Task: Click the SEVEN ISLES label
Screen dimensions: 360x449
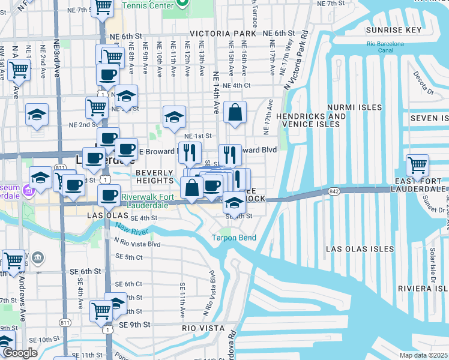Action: click(429, 118)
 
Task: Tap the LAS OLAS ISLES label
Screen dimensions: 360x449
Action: click(360, 248)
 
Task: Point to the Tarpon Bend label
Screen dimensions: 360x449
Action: click(234, 238)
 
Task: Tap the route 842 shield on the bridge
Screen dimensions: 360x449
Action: click(334, 191)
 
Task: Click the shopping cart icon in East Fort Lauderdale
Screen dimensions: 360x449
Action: click(417, 164)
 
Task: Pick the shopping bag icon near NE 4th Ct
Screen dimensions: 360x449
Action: click(235, 112)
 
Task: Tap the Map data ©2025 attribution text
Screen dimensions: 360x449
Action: click(423, 355)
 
